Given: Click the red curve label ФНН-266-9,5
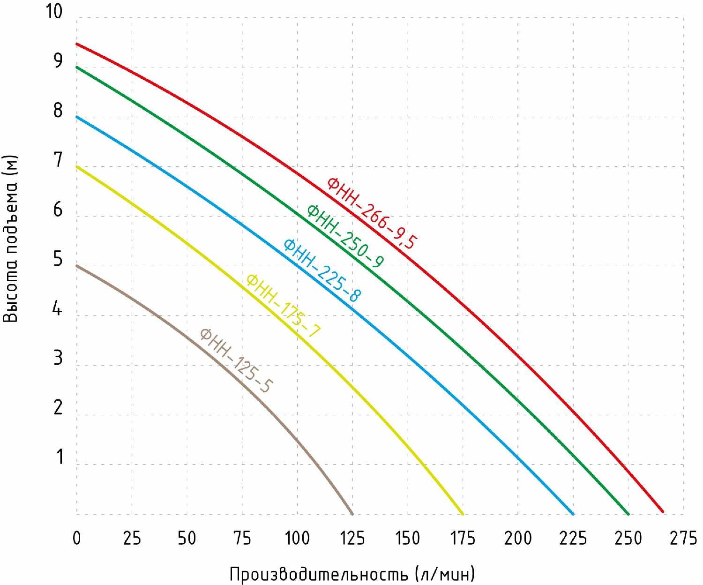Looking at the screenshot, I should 372,213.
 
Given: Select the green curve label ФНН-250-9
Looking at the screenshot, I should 345,236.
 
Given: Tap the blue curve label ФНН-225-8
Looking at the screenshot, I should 322,270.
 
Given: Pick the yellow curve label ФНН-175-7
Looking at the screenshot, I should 284,306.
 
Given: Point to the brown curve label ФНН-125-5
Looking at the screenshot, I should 237,360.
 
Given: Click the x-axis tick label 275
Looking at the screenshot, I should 683,538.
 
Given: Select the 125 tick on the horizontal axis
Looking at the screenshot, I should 352,538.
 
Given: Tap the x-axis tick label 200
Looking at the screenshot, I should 517,538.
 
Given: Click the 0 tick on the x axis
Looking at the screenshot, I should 77,538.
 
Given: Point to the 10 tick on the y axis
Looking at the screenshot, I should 54,11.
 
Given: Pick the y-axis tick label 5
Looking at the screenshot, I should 58,259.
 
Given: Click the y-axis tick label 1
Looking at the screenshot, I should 59,457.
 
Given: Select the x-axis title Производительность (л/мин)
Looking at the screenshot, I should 352,574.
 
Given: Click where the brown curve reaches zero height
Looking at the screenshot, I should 352,514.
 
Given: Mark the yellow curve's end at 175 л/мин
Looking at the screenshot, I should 463,514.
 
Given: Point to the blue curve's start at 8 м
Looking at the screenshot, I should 77,117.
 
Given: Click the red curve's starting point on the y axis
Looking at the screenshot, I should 77,44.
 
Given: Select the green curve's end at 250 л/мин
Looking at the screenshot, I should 628,514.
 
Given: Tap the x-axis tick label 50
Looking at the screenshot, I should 187,538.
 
